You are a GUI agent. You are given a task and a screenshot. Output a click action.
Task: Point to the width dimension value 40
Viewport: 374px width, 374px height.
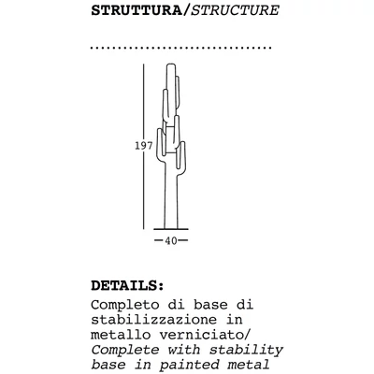(170, 240)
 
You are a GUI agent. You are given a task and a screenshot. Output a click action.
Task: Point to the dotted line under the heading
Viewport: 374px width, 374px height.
(180, 47)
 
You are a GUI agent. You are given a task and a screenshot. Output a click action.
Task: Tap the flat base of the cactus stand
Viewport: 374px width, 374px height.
(170, 228)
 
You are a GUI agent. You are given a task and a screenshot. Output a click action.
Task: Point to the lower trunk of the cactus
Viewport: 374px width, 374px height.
(170, 201)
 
